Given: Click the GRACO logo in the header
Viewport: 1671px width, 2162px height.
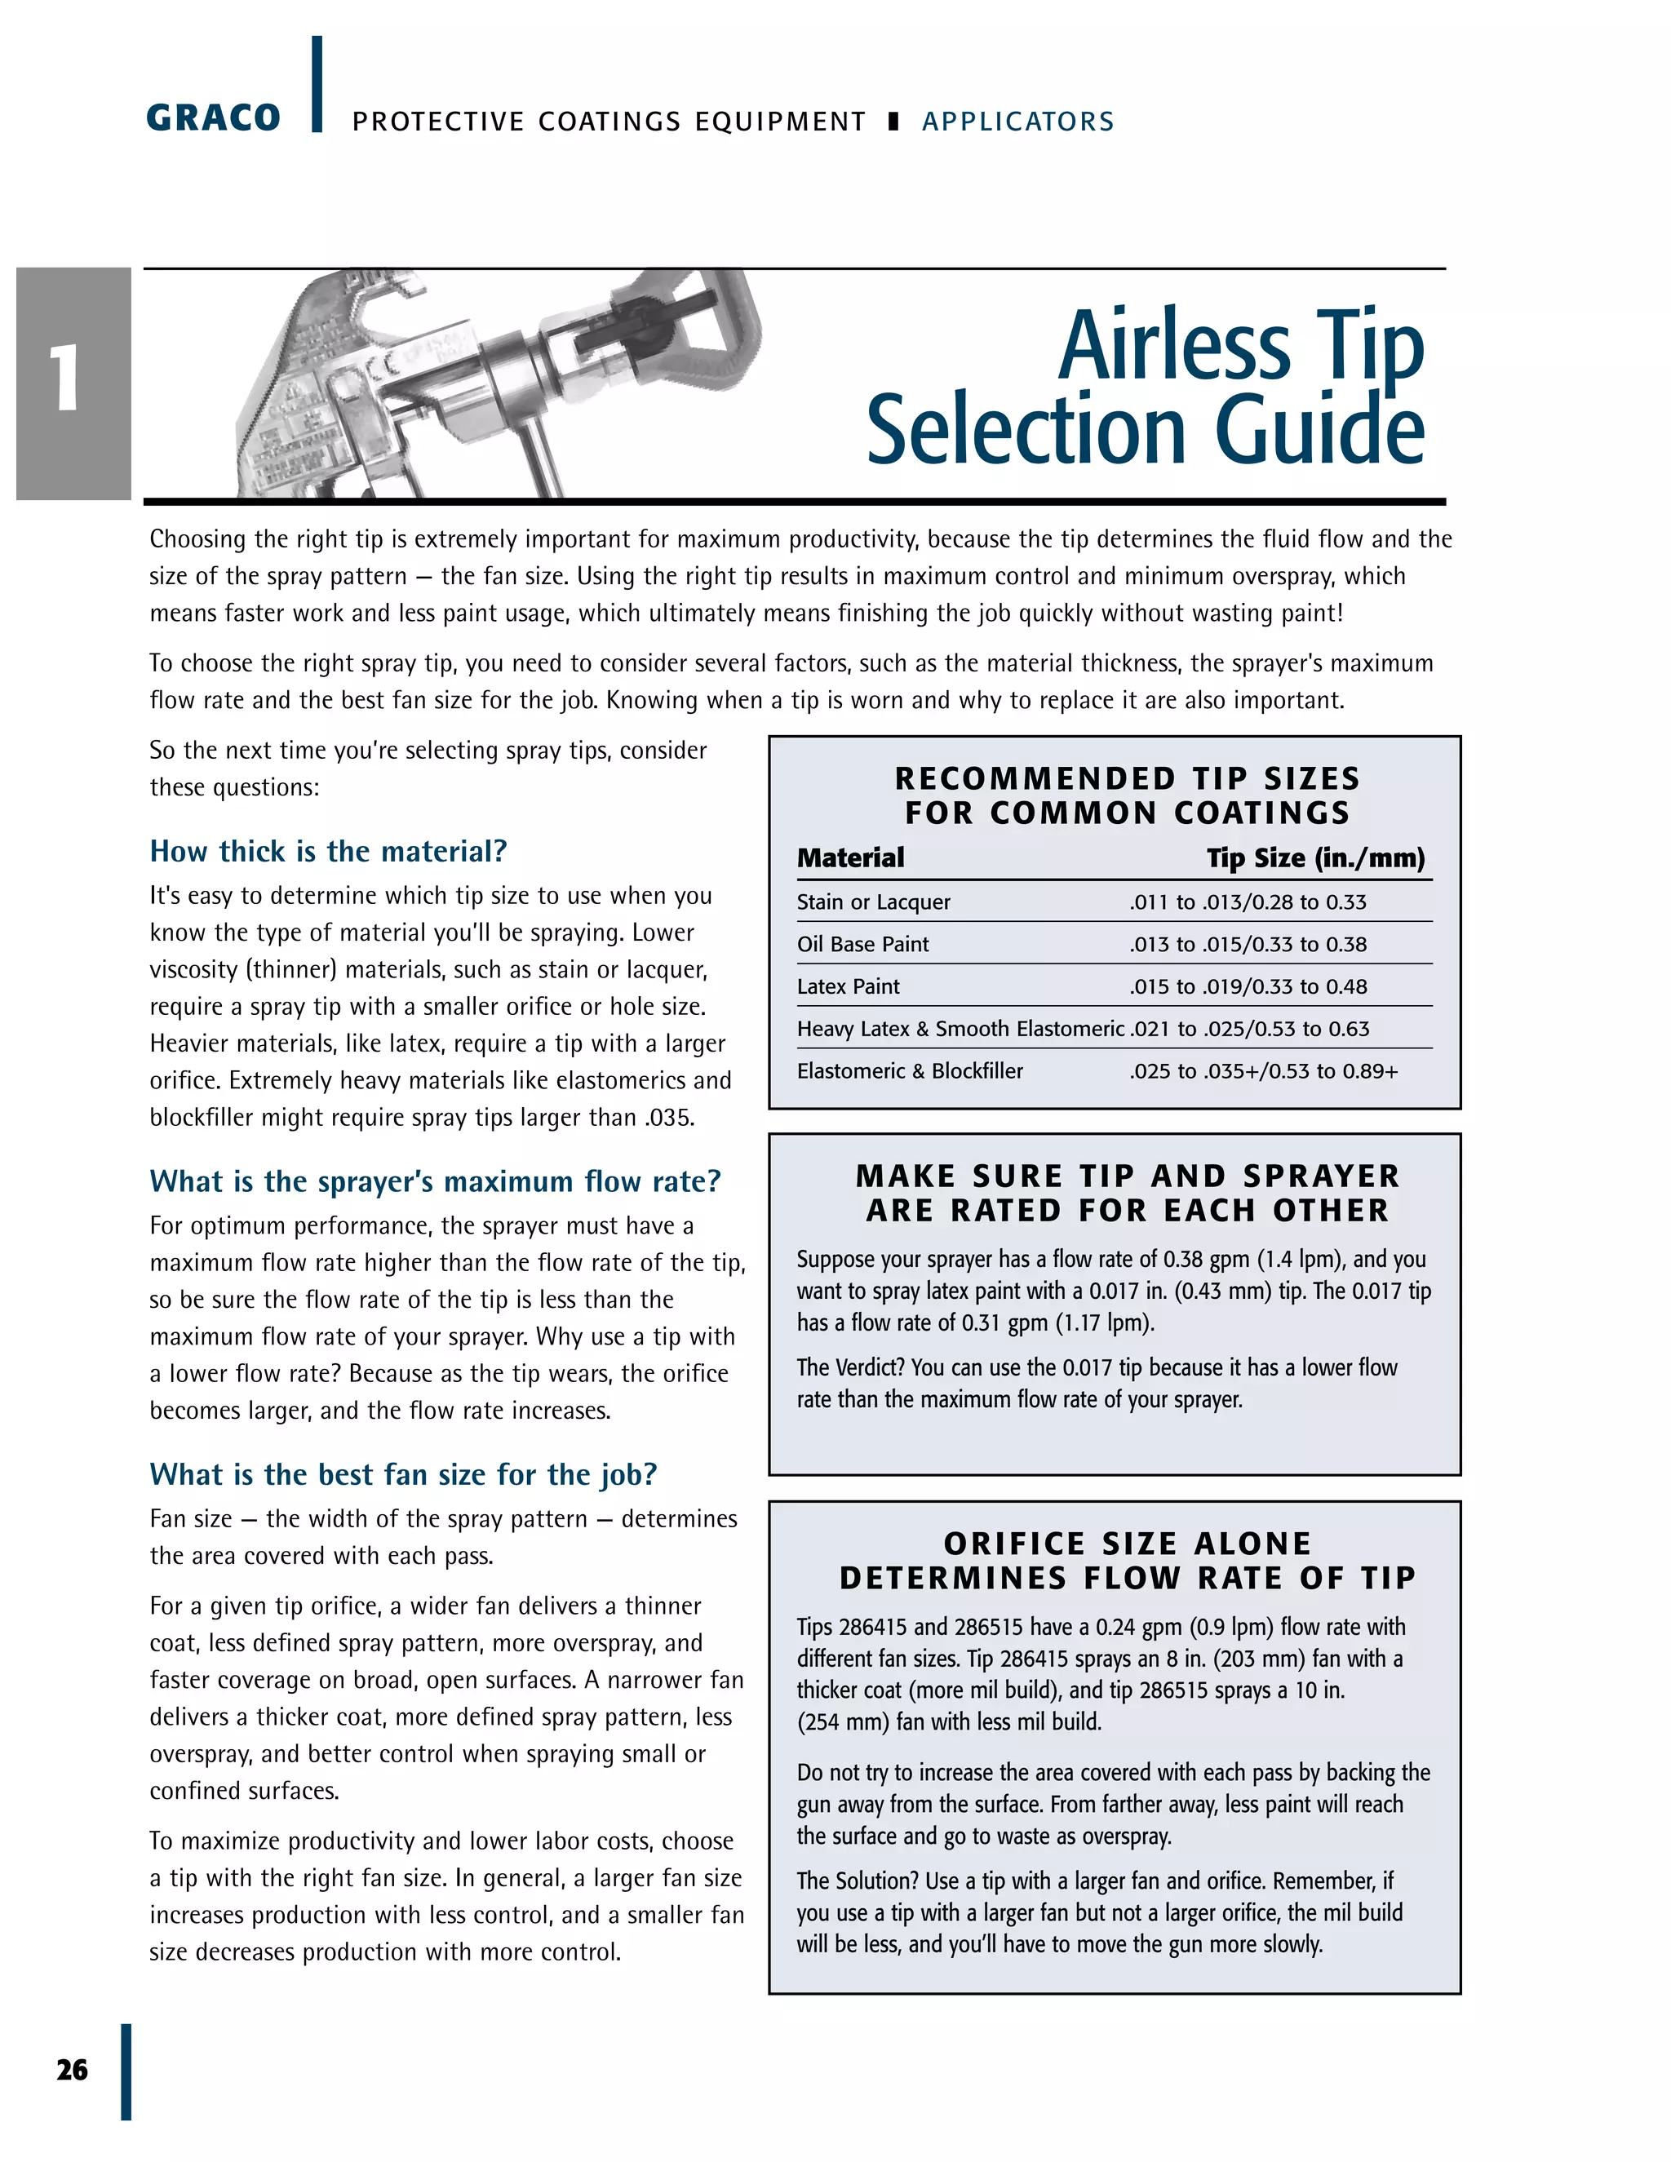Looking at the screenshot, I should tap(213, 117).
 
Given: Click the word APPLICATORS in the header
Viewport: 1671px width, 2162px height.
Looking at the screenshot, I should tap(1017, 122).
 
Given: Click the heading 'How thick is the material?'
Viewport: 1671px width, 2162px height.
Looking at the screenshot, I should tap(328, 851).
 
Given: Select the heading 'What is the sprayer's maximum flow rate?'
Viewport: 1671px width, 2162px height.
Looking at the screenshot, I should tap(435, 1181).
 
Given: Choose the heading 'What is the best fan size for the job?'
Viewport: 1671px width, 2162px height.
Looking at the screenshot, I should tap(403, 1474).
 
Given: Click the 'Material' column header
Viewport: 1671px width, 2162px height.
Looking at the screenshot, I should tap(850, 857).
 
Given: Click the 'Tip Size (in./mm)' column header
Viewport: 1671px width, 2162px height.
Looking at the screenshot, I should tap(1315, 857).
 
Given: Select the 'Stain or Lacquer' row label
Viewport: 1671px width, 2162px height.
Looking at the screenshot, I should tap(873, 902).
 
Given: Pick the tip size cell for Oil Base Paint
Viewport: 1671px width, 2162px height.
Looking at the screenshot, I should tap(1248, 945).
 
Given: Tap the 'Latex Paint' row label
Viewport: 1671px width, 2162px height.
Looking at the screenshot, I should tap(849, 986).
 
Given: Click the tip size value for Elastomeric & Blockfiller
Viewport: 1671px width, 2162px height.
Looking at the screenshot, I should tap(1263, 1071).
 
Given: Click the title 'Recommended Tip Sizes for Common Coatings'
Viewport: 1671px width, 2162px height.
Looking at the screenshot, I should tap(1127, 795).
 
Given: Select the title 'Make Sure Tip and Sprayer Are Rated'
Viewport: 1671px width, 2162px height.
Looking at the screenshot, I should tap(1127, 1193).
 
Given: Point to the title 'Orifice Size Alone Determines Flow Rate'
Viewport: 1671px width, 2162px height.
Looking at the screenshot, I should tap(1127, 1560).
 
